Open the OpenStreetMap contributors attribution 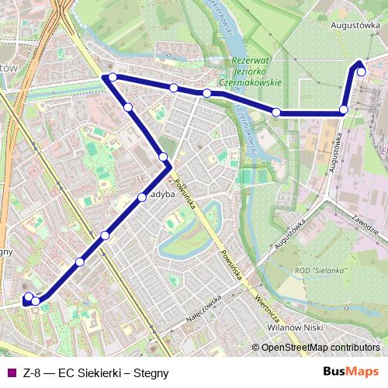click(x=320, y=347)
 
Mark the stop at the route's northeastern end click(x=362, y=71)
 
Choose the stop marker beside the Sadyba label click(x=142, y=197)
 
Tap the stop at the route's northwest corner click(x=113, y=77)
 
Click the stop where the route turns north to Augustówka click(x=344, y=110)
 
